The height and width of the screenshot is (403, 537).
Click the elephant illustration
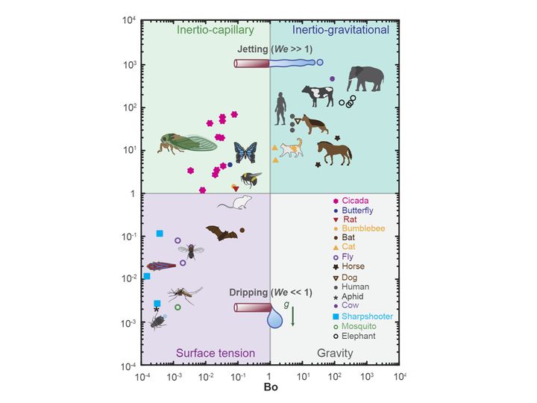(x=365, y=80)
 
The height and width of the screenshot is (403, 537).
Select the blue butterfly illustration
(x=245, y=153)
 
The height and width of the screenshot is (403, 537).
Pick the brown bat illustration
(x=222, y=234)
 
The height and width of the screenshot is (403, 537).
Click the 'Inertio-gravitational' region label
(x=341, y=31)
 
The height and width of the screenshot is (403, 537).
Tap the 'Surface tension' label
(x=216, y=353)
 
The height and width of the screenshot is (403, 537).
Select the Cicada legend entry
(x=351, y=201)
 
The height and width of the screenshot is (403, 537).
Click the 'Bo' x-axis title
(x=270, y=388)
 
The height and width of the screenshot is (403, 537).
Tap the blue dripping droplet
(x=275, y=319)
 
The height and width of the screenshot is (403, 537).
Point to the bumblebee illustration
(x=251, y=179)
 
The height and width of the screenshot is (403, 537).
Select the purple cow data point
(x=332, y=78)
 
